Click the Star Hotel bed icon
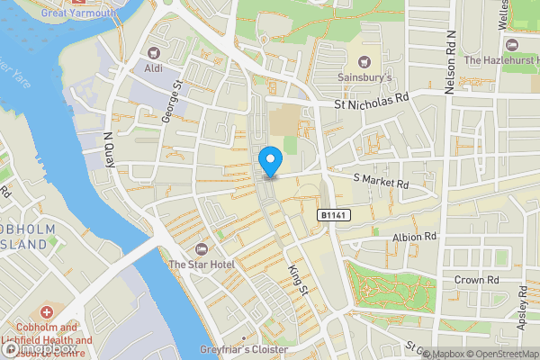[201, 248]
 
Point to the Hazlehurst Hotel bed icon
[513, 44]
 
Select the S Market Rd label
[381, 183]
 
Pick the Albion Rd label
[414, 237]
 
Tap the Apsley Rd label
[525, 306]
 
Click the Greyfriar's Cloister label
[244, 349]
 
